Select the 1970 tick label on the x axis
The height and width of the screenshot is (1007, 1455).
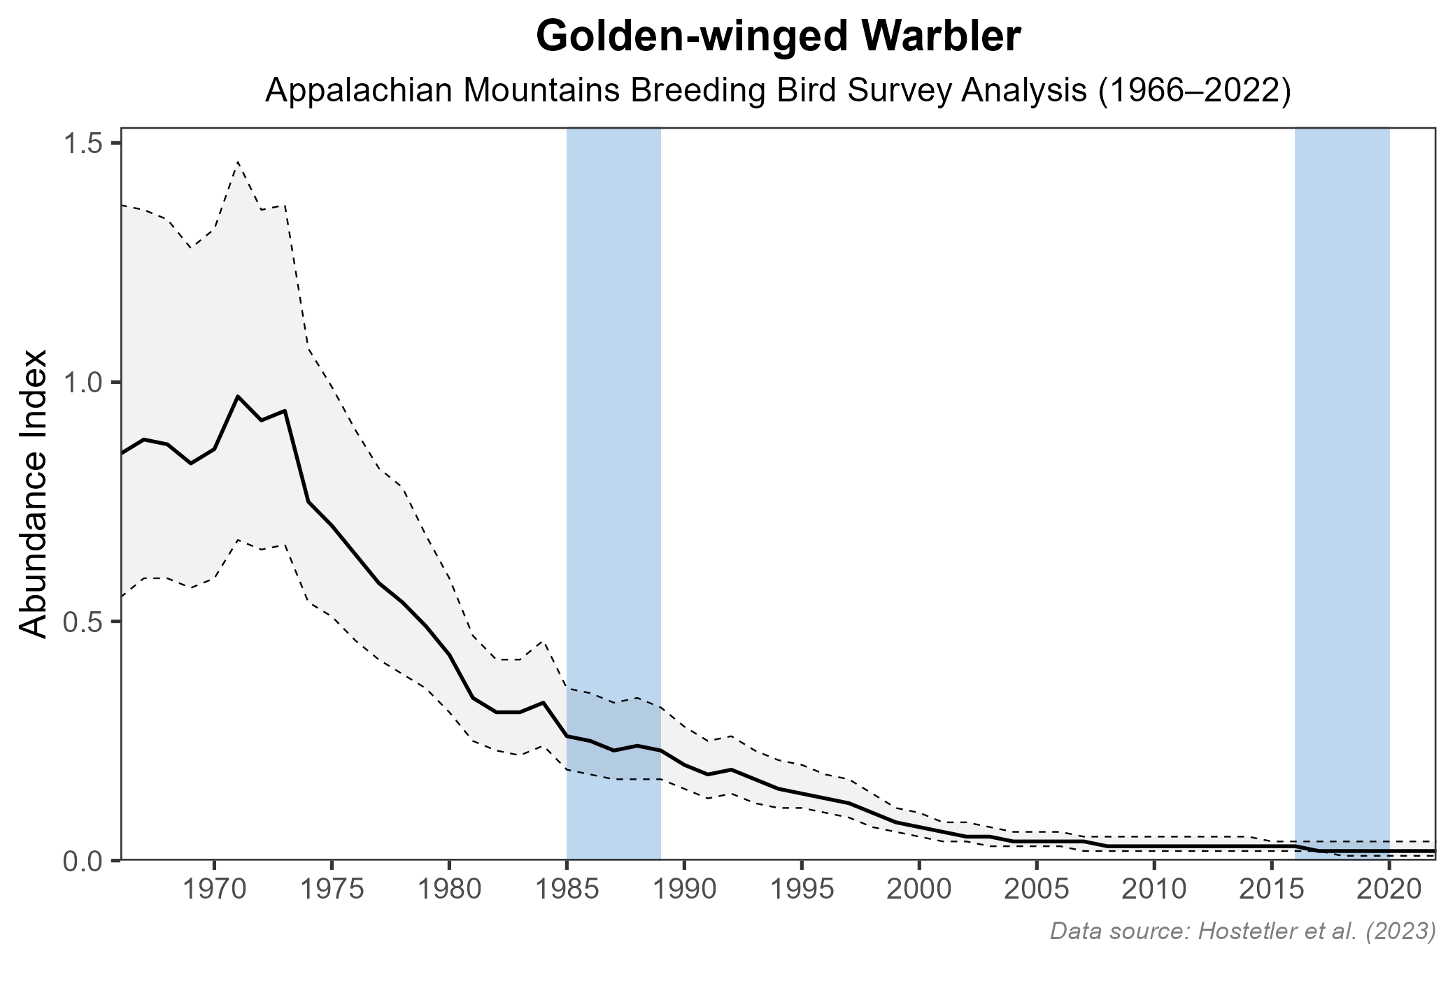[x=214, y=890]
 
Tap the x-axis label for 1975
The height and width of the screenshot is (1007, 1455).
[x=332, y=890]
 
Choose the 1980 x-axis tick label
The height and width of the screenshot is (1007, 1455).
[x=449, y=890]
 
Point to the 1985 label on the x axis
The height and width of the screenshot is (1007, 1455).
[x=567, y=890]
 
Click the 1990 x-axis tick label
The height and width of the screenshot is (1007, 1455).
[x=684, y=890]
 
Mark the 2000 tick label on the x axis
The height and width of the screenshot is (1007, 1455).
[x=919, y=890]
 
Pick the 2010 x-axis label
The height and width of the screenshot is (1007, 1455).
[x=1154, y=890]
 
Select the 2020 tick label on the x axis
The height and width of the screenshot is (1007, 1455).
[x=1389, y=890]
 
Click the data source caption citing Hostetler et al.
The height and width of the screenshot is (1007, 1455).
[x=1242, y=931]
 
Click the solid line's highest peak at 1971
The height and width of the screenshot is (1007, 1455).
[x=238, y=397]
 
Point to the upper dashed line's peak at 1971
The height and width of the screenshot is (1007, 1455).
[x=238, y=162]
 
